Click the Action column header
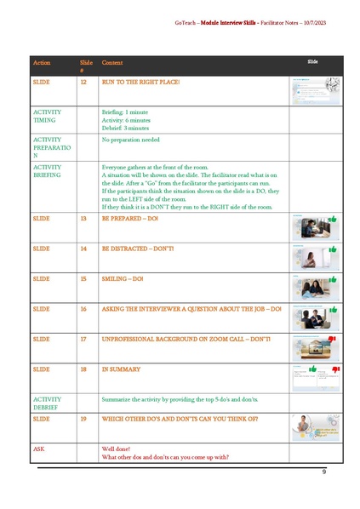[41, 63]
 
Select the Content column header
[111, 63]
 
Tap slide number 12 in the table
[83, 82]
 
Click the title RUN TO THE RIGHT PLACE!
[140, 82]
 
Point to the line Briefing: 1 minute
[124, 112]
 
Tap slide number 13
[83, 219]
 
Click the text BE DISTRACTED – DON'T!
[143, 249]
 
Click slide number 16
[83, 309]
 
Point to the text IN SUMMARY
[121, 369]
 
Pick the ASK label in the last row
[38, 448]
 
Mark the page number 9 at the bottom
[323, 472]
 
